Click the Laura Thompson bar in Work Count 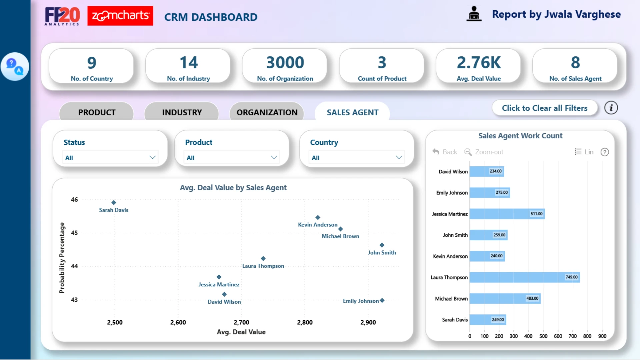tap(525, 277)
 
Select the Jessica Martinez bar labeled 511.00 tap(507, 214)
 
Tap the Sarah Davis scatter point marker tap(114, 202)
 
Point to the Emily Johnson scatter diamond tap(382, 300)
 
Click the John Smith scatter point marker tap(382, 245)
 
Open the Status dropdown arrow tap(152, 157)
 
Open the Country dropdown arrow tap(399, 157)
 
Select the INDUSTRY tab tap(182, 112)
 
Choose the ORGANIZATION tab tap(267, 112)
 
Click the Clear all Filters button tap(545, 108)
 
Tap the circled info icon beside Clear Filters tap(611, 108)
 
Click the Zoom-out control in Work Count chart tap(484, 152)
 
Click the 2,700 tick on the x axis tap(241, 322)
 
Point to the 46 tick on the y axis tap(74, 200)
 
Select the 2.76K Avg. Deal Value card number tap(479, 63)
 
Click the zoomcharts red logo tap(120, 16)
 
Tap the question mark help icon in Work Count tap(605, 152)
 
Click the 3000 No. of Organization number tap(285, 63)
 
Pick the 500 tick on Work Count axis tap(543, 336)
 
